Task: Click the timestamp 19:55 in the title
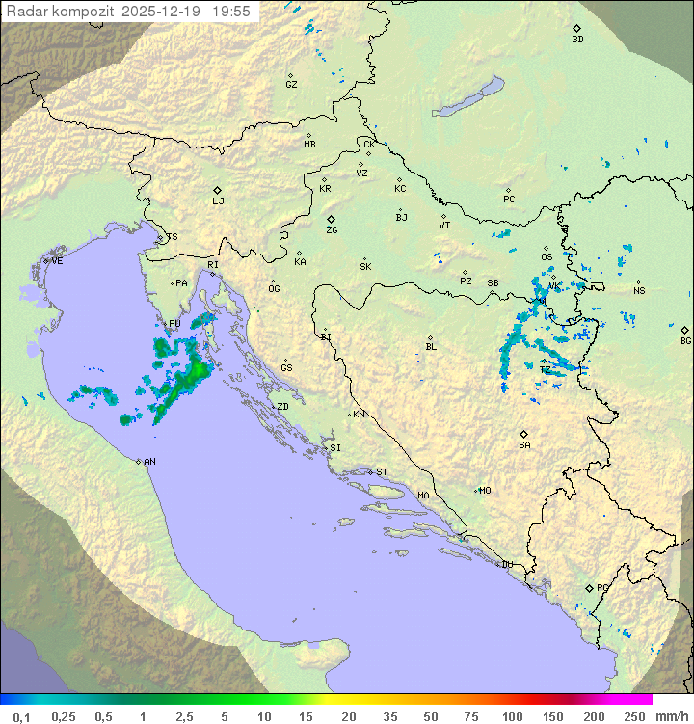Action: click(x=232, y=12)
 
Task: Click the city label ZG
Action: click(x=332, y=230)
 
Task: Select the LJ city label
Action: click(x=218, y=201)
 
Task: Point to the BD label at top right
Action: click(x=577, y=40)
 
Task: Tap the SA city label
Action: click(x=524, y=444)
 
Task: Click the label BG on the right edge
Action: click(x=685, y=340)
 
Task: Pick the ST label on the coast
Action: click(x=382, y=472)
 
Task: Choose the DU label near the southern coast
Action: click(x=506, y=564)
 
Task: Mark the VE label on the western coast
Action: click(x=57, y=261)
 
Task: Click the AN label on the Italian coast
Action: click(x=149, y=462)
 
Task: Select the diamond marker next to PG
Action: click(x=589, y=587)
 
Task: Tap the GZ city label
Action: click(x=291, y=84)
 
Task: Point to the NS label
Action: click(x=639, y=290)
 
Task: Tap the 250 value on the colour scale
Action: click(x=633, y=716)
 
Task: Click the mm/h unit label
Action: click(x=671, y=716)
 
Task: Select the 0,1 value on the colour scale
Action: click(x=21, y=716)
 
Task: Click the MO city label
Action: click(x=485, y=490)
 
